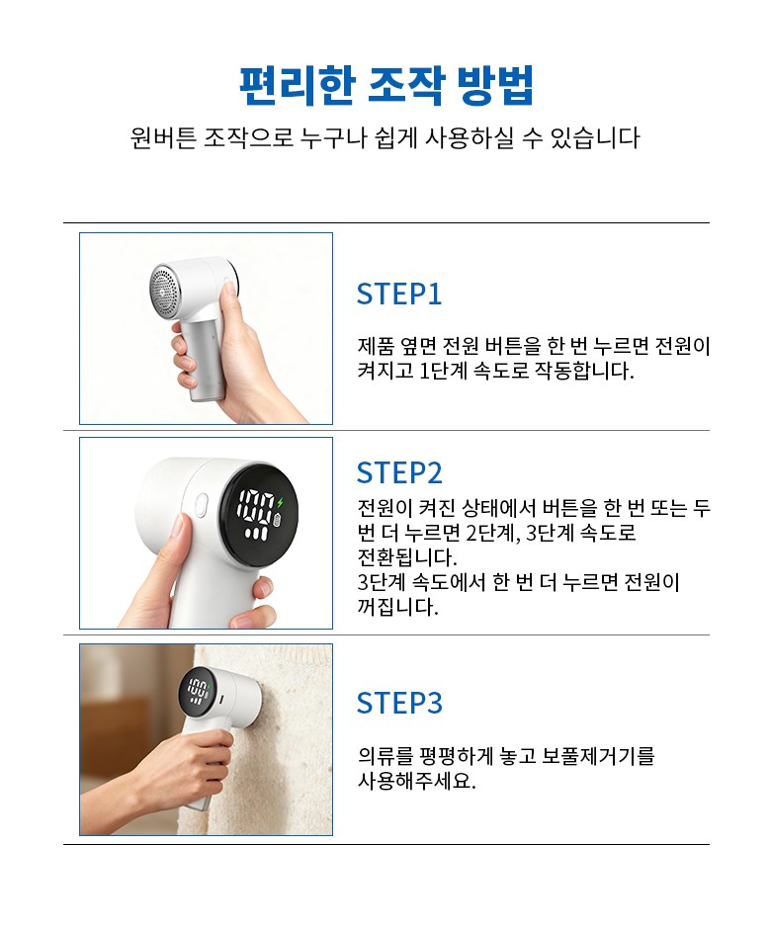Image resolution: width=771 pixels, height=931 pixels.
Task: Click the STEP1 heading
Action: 399,294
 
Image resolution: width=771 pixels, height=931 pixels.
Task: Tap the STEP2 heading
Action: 399,473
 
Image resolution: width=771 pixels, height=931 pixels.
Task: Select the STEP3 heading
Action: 399,703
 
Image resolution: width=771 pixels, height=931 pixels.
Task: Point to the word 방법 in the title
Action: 495,86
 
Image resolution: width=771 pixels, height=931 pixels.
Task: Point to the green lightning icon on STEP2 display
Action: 281,502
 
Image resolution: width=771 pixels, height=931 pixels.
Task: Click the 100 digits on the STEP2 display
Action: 256,506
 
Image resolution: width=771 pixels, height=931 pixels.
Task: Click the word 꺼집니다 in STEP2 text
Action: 397,607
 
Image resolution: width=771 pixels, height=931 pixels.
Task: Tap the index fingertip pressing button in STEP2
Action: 178,525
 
